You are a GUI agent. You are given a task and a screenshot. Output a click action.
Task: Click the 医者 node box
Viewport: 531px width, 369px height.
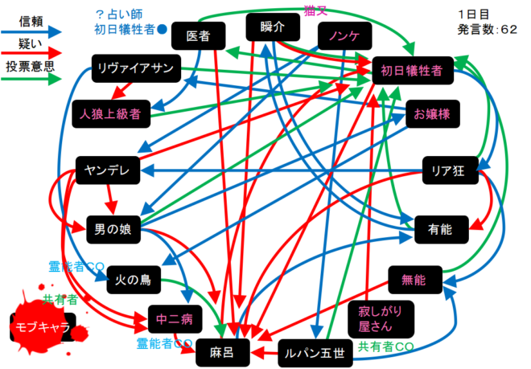[198, 36]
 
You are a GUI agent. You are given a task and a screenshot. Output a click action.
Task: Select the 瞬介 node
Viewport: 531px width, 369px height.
[274, 27]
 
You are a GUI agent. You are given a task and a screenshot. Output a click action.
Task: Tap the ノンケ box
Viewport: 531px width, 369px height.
[344, 37]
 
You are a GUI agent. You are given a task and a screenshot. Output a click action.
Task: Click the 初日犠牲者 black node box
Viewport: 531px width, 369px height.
[411, 71]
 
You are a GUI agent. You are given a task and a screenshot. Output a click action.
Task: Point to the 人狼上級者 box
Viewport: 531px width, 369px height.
[110, 114]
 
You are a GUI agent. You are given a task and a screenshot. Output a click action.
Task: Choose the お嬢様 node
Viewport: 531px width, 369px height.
[432, 113]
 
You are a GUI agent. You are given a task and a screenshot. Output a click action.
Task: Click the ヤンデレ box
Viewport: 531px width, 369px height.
[108, 170]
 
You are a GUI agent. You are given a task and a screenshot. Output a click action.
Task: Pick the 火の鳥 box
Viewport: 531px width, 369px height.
[134, 279]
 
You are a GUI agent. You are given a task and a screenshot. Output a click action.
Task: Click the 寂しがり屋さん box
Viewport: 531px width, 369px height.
[369, 318]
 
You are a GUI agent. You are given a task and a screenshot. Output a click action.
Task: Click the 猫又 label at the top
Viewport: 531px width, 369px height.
[315, 9]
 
